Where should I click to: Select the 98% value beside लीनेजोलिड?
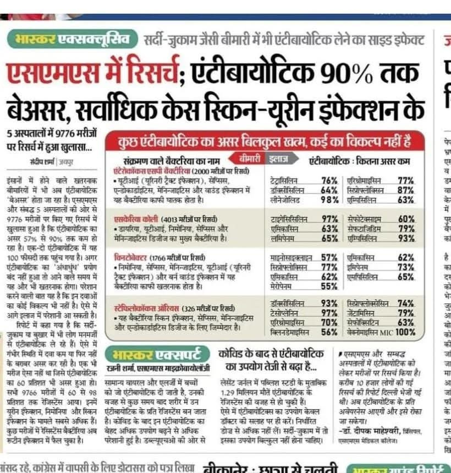pos(329,200)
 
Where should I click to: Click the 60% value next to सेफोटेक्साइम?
pos(406,218)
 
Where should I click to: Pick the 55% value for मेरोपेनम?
pos(329,285)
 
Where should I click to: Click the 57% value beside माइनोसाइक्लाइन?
pos(329,257)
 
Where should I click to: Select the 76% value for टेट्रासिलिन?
pos(329,180)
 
